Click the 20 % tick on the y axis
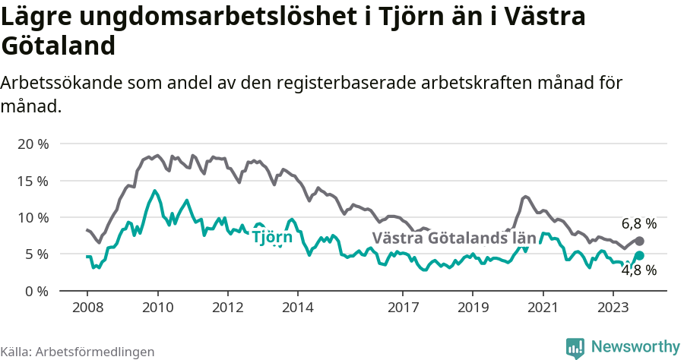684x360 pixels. (32, 144)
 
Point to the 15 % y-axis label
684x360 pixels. (32, 181)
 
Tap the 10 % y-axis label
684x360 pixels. (32, 217)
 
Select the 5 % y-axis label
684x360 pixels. (36, 254)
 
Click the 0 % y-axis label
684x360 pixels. (36, 291)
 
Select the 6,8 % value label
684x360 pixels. (638, 224)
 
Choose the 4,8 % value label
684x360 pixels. (638, 270)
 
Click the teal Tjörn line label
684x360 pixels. (272, 237)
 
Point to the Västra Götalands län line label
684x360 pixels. (454, 238)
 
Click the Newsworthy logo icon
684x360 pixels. (575, 347)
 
